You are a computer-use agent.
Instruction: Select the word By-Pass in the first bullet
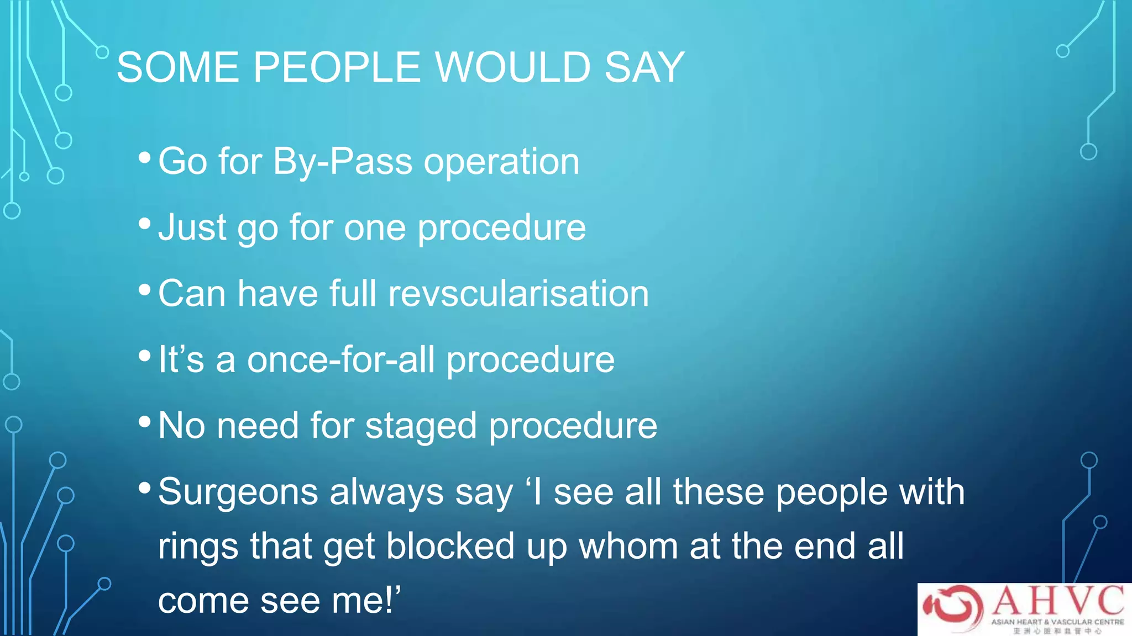(x=343, y=162)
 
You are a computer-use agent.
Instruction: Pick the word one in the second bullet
(x=375, y=229)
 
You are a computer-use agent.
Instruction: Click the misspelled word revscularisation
(x=518, y=293)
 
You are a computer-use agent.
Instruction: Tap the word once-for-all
(x=340, y=359)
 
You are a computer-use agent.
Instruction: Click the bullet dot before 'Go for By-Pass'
(x=145, y=158)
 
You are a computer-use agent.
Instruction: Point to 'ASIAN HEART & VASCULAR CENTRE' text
(x=1057, y=622)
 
